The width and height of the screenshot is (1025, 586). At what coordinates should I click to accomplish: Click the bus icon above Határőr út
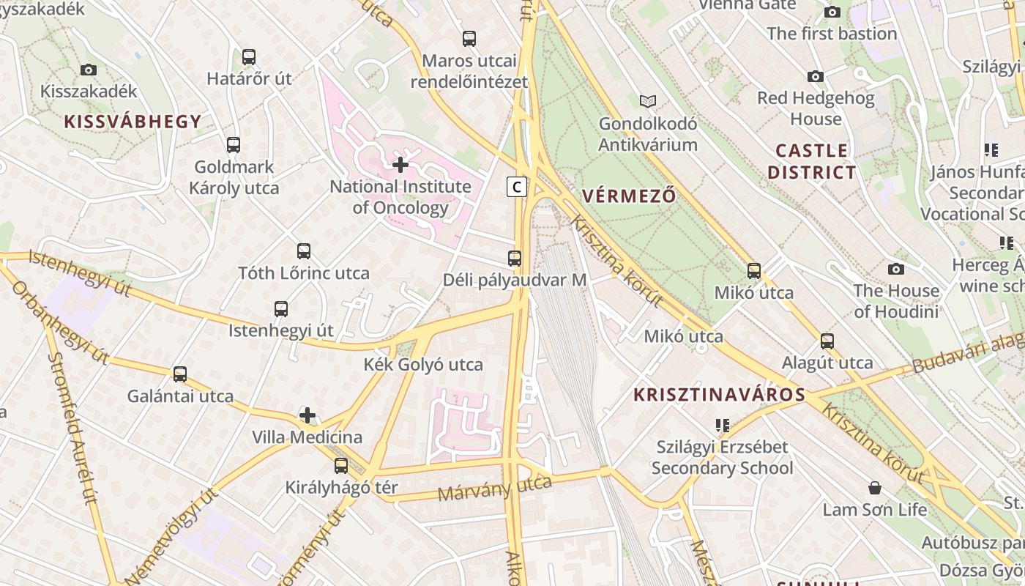click(x=249, y=57)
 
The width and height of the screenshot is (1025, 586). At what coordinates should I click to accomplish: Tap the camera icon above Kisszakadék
click(x=89, y=70)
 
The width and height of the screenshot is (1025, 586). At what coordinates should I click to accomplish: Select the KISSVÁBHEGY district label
click(x=133, y=122)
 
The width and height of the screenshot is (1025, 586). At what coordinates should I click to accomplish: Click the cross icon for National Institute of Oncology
click(x=400, y=165)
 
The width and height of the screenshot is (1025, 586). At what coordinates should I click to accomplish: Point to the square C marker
click(x=517, y=187)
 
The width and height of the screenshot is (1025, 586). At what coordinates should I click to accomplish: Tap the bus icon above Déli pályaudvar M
click(x=515, y=258)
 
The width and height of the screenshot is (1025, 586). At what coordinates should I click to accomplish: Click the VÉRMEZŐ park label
click(x=629, y=196)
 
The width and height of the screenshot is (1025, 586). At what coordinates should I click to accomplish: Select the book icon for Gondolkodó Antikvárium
click(x=648, y=101)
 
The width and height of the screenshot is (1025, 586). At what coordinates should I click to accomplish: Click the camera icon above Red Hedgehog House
click(x=816, y=76)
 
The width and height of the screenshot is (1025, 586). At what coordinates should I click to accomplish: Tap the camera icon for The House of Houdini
click(x=895, y=269)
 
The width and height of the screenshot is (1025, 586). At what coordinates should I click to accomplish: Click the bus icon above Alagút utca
click(x=827, y=341)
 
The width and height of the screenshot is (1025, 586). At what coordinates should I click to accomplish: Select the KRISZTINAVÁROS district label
click(x=719, y=395)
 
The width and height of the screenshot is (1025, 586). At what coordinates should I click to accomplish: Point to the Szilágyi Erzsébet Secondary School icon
click(x=723, y=425)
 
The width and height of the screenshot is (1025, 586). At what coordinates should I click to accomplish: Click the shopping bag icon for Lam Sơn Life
click(x=874, y=488)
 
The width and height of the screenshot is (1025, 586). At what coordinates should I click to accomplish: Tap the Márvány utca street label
click(x=494, y=488)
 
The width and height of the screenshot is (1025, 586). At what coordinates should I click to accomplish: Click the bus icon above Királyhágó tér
click(x=341, y=465)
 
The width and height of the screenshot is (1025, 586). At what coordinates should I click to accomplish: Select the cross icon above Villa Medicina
click(x=307, y=416)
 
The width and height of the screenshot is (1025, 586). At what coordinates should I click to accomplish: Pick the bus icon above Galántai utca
click(x=180, y=374)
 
